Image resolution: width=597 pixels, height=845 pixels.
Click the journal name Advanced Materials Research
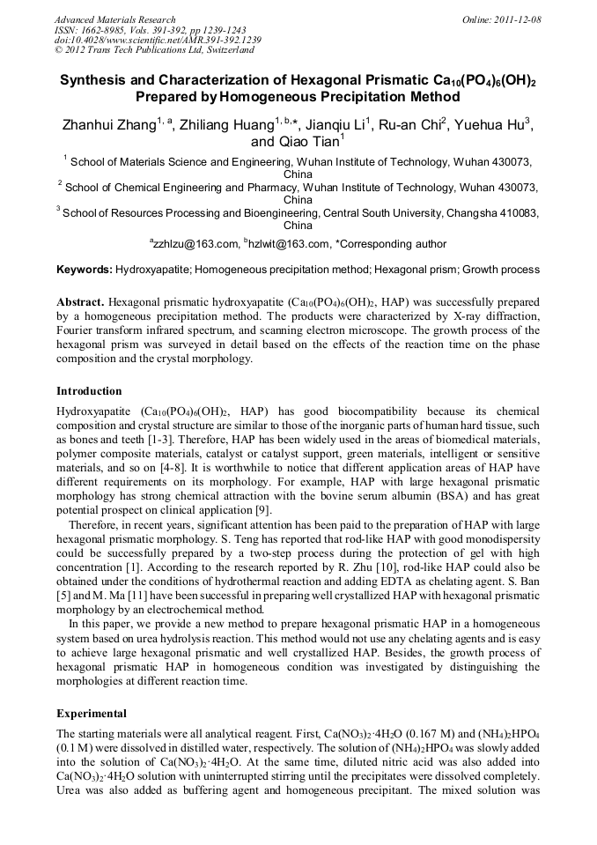tap(114, 19)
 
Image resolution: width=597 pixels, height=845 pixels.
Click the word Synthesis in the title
tap(98, 80)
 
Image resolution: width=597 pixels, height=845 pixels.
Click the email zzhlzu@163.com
tap(195, 244)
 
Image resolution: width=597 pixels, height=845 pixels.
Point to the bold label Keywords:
tap(85, 269)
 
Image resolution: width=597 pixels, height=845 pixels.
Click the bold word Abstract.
tap(81, 300)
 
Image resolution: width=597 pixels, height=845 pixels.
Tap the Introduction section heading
tap(89, 390)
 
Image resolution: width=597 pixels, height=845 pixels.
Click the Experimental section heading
tap(92, 713)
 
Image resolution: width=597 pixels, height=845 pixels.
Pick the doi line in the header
tap(157, 40)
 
